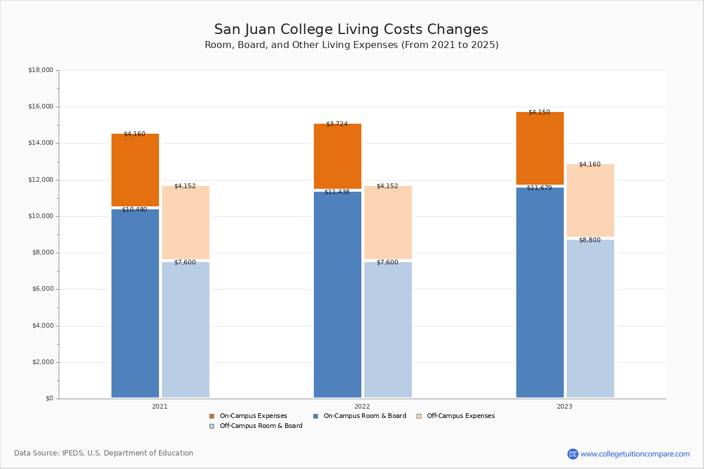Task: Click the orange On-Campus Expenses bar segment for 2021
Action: pyautogui.click(x=135, y=170)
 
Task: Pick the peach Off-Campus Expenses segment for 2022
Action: pyautogui.click(x=388, y=222)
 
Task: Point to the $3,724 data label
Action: pyautogui.click(x=337, y=124)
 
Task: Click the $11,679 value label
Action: pyautogui.click(x=539, y=188)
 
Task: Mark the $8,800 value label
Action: pyautogui.click(x=590, y=240)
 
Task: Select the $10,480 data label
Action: pyautogui.click(x=134, y=210)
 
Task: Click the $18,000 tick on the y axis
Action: pyautogui.click(x=40, y=70)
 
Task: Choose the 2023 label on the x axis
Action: pyautogui.click(x=564, y=406)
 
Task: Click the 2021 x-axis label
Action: pyautogui.click(x=160, y=406)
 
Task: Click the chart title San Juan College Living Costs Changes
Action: pyautogui.click(x=351, y=30)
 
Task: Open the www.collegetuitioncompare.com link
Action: pyautogui.click(x=635, y=454)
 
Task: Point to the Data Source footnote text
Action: pyautogui.click(x=104, y=453)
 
